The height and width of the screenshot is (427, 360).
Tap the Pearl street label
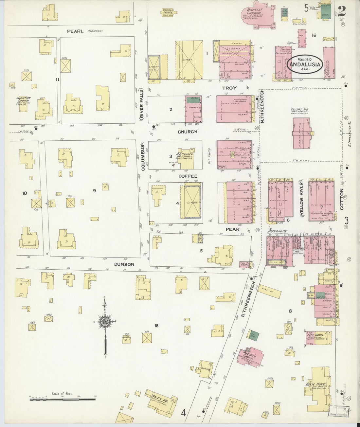76,31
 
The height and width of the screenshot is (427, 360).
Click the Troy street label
229,88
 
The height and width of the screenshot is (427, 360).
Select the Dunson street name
124,264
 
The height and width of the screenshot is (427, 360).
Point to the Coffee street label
188,176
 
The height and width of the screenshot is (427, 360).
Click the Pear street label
232,229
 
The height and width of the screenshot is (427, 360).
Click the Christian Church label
24,99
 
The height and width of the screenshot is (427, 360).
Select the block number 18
156,326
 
